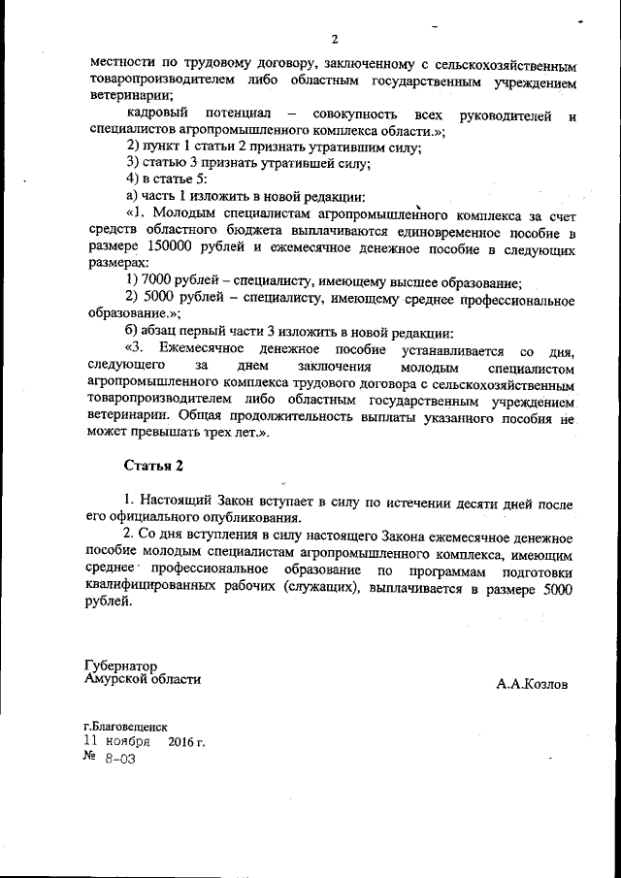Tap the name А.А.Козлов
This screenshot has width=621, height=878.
click(532, 684)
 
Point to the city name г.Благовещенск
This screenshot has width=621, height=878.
click(126, 726)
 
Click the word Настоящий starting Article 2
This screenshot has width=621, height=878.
click(187, 505)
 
